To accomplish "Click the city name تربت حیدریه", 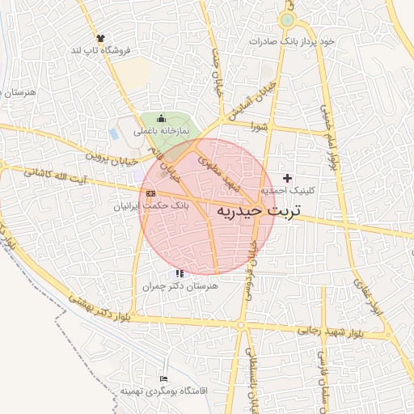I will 258,212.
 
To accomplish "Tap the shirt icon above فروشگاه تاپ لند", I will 100,38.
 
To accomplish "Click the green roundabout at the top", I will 287,19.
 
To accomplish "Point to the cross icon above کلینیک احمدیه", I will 287,177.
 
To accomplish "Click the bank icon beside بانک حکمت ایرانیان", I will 151,193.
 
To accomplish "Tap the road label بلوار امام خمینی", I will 329,138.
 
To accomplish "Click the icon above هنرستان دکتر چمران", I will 179,274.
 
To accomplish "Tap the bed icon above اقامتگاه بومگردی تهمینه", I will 164,378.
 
